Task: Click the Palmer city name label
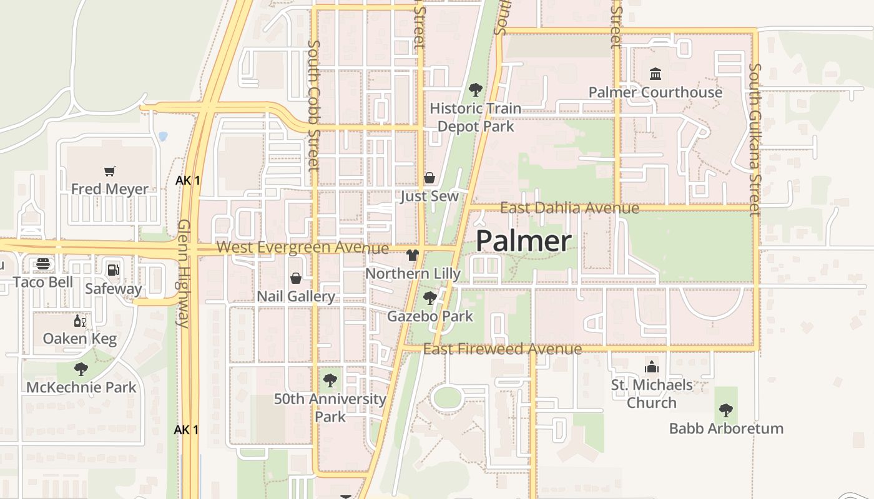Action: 523,241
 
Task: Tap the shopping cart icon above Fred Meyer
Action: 110,171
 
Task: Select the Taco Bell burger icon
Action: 43,264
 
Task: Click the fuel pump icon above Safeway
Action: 114,270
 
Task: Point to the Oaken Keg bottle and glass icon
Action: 80,321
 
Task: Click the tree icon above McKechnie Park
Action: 81,369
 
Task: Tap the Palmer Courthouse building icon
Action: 655,74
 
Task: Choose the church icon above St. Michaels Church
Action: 652,366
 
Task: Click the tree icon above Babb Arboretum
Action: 725,410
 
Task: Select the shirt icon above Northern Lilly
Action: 412,254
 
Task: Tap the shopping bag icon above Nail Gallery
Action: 296,278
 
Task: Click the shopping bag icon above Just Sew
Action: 430,178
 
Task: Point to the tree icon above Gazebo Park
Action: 430,298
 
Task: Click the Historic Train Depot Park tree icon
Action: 475,90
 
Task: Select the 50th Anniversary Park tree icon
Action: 330,380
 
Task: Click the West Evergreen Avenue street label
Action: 303,248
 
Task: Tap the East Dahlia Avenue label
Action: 569,208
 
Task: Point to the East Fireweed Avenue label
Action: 503,349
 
